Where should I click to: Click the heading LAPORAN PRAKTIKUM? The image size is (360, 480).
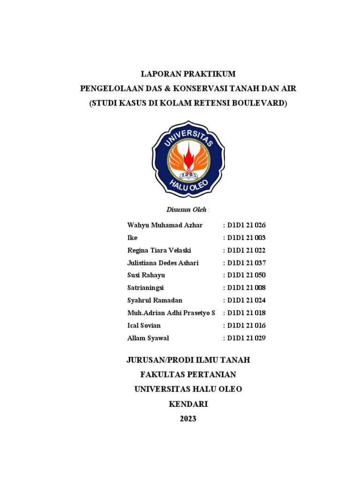[x=188, y=74]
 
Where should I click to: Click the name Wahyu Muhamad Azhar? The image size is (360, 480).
[x=165, y=225]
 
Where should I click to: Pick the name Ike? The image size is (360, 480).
[x=132, y=238]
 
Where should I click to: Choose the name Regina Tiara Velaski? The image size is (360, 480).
[x=159, y=250]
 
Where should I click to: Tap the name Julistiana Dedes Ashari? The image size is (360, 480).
[x=163, y=263]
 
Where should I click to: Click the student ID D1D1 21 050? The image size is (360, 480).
[x=246, y=276]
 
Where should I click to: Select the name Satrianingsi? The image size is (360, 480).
[x=145, y=288]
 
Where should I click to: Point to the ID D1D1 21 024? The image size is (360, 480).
[x=246, y=300]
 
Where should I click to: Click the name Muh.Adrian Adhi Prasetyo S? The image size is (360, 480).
[x=171, y=313]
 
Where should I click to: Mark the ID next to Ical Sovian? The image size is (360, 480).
[x=246, y=325]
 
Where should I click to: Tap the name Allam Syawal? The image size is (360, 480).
[x=148, y=338]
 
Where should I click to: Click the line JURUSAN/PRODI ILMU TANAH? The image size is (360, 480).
[x=188, y=360]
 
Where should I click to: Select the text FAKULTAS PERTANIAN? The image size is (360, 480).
[x=188, y=375]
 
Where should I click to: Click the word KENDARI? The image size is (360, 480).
[x=188, y=404]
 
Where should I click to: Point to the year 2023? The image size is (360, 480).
[x=188, y=419]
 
